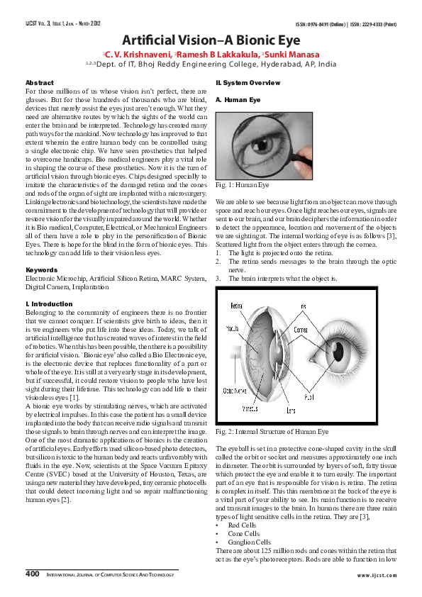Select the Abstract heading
point(38,84)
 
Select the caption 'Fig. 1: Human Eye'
point(242,186)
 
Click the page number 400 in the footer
point(31,571)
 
